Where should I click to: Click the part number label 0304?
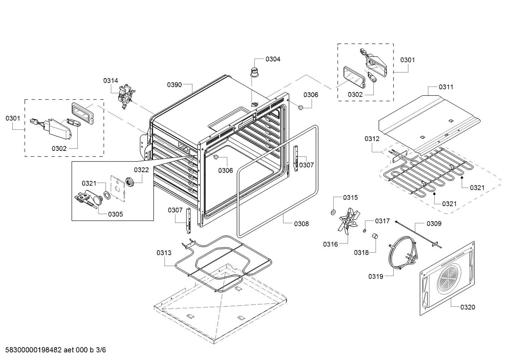(273, 59)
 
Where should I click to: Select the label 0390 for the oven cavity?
(174, 84)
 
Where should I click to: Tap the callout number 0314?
(110, 81)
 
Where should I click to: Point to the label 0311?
(446, 87)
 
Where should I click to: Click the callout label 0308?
(301, 223)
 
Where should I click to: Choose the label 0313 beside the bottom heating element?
(164, 253)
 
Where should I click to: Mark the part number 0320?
(467, 307)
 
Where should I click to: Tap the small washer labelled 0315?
(333, 212)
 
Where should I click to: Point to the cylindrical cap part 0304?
(254, 71)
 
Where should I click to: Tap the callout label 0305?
(115, 214)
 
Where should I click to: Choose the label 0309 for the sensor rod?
(434, 223)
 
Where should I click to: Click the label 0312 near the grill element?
(372, 138)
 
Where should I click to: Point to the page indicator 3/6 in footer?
(101, 350)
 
